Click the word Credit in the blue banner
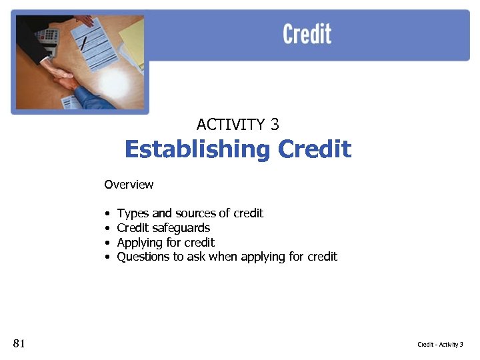[307, 34]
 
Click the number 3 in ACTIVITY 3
[275, 125]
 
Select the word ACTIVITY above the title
[231, 125]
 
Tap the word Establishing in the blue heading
[197, 149]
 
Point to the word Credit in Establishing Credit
[314, 149]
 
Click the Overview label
[129, 185]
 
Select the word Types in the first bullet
[133, 213]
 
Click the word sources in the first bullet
[194, 213]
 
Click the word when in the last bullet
[223, 257]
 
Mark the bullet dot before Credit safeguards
[107, 229]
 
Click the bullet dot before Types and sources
[107, 214]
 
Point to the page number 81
[19, 344]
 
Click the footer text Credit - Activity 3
[440, 345]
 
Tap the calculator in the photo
[47, 36]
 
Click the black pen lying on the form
[84, 43]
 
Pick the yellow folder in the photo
[133, 40]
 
